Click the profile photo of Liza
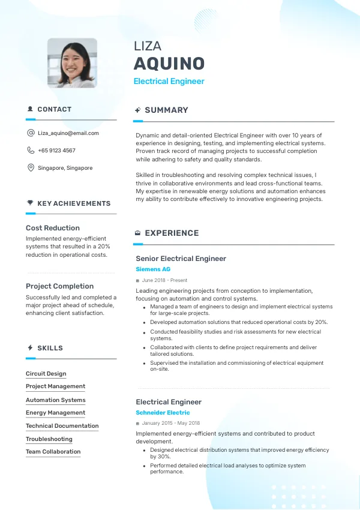(x=72, y=63)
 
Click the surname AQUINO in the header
(x=169, y=64)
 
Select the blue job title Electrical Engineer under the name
(x=169, y=81)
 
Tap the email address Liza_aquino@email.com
(x=68, y=133)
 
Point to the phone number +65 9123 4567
(x=56, y=151)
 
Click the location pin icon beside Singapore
(x=31, y=168)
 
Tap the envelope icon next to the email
(x=31, y=133)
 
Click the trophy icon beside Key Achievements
(x=30, y=203)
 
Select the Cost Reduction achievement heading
(x=53, y=228)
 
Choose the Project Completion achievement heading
(x=59, y=286)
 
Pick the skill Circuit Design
(x=46, y=374)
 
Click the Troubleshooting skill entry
(x=49, y=439)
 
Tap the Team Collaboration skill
(x=53, y=452)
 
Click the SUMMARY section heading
(x=166, y=110)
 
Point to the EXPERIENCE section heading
(x=172, y=233)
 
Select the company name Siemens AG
(x=153, y=269)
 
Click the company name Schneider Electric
(x=163, y=413)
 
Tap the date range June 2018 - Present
(x=164, y=280)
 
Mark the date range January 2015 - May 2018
(x=171, y=424)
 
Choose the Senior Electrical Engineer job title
(x=181, y=259)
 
